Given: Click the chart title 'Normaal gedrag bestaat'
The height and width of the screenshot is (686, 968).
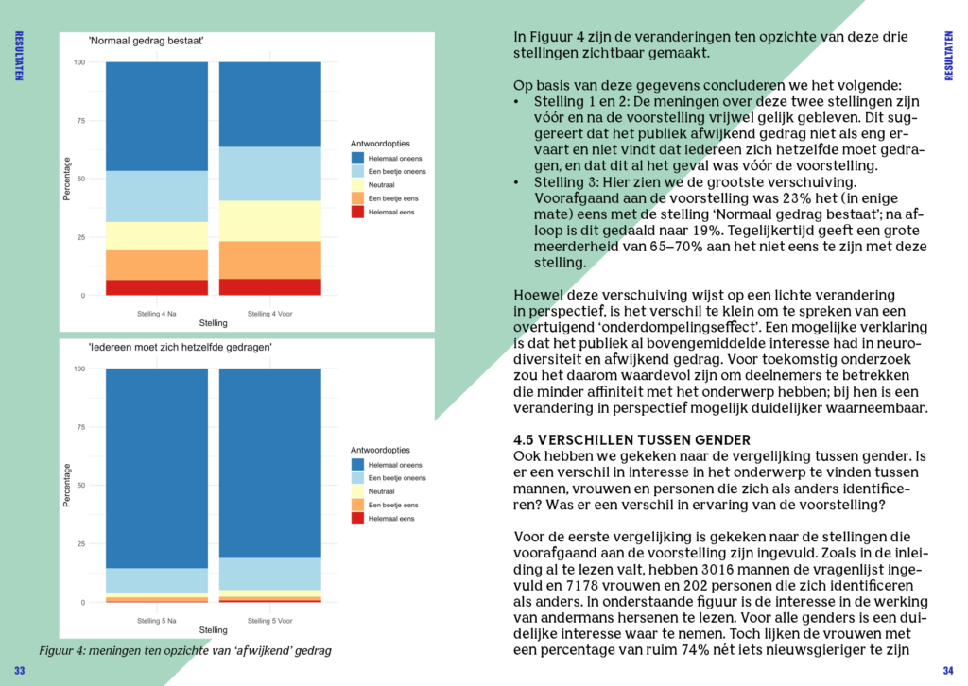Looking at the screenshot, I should click(x=146, y=42).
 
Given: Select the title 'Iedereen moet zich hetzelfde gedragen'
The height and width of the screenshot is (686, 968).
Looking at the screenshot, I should click(x=181, y=347).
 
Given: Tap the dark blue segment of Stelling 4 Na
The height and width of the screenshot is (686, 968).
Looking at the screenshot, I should click(x=156, y=115).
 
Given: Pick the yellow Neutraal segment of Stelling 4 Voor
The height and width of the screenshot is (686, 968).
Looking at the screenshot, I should click(x=269, y=220).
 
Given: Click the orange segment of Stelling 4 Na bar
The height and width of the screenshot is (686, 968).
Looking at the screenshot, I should click(x=156, y=265).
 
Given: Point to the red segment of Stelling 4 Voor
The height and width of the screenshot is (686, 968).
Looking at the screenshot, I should click(x=269, y=286).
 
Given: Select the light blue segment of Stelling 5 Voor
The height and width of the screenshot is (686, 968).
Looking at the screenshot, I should click(x=269, y=574).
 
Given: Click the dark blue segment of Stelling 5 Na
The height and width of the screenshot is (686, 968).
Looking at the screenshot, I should click(x=156, y=468).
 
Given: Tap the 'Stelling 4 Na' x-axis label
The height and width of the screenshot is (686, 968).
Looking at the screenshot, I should click(x=156, y=313).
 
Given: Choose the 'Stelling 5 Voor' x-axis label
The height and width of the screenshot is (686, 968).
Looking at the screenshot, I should click(x=269, y=621).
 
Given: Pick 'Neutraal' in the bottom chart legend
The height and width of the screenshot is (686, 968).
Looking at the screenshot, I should click(x=382, y=491).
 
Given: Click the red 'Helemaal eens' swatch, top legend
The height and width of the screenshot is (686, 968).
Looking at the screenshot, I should click(x=358, y=213).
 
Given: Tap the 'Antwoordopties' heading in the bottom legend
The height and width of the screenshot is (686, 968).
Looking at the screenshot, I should click(x=380, y=449).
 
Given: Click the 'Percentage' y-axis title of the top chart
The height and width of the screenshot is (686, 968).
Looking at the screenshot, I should click(x=67, y=179).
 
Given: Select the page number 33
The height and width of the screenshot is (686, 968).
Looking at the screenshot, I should click(x=19, y=670).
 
